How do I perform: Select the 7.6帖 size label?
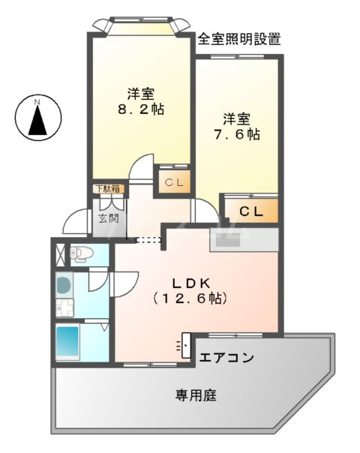coord(235,135)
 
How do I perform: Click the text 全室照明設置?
coord(239,40)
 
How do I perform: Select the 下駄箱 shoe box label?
coord(106,189)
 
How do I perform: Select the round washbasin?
coord(64,285)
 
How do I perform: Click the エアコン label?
coord(226,358)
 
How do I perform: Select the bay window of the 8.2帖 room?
coord(138,25)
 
